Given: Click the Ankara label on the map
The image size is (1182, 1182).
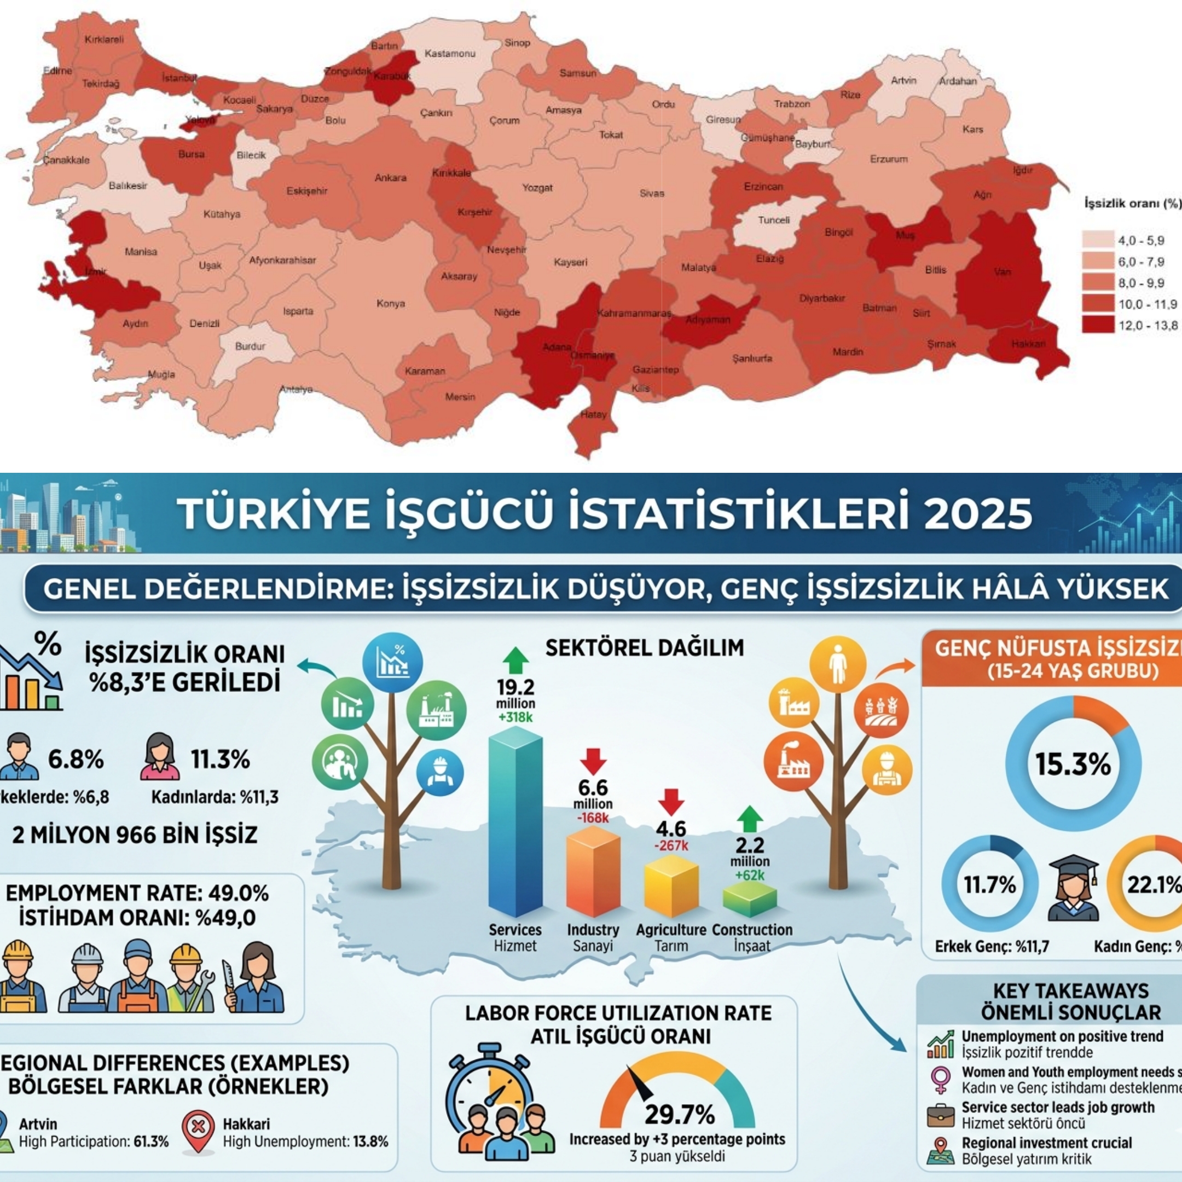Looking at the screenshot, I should [390, 178].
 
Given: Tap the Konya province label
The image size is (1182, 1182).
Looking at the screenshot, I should [390, 304].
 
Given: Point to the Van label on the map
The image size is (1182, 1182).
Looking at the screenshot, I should [1003, 271].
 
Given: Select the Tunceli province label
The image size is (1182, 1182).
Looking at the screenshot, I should [774, 220].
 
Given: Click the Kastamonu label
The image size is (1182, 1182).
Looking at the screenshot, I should [450, 54].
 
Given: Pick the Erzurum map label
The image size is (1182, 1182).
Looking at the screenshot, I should [889, 159].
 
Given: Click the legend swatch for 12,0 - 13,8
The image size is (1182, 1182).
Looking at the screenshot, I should [1098, 325].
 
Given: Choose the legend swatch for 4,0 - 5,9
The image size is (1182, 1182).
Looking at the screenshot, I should [1098, 240].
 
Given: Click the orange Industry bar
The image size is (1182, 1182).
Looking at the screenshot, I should [592, 871].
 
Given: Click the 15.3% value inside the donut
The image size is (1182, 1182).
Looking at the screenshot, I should [1073, 764].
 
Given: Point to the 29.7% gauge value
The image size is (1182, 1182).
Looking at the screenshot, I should [680, 1115].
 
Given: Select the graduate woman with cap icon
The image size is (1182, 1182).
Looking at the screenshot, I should [1074, 888].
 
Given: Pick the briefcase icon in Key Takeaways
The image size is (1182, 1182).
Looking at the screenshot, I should [940, 1115].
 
